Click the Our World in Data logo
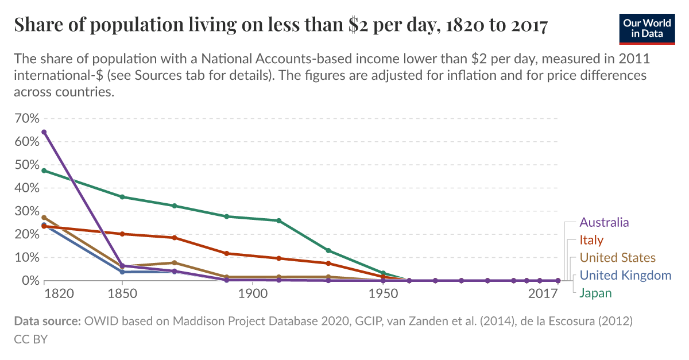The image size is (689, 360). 646,28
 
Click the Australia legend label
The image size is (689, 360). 604,222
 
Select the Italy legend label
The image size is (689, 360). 591,240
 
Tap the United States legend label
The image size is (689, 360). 617,258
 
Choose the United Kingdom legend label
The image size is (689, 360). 625,276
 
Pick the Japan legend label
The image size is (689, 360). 595,293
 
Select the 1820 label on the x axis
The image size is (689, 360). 59,294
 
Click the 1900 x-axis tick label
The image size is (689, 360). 253,294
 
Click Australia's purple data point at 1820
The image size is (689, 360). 44,132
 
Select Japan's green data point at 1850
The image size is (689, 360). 122,197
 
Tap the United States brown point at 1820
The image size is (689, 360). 44,218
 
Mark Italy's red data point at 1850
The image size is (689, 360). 122,234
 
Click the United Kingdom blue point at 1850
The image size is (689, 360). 122,272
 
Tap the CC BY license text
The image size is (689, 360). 30,339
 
